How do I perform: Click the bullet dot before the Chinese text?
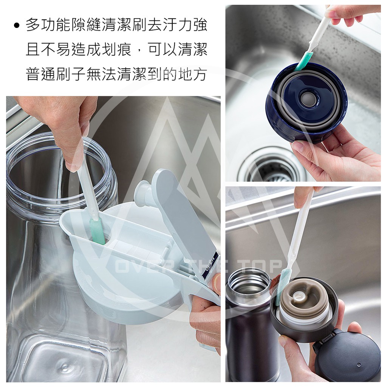click(x=17, y=26)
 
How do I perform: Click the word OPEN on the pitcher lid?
click(x=211, y=263)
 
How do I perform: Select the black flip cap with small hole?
click(x=348, y=355)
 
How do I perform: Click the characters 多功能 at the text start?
click(x=48, y=25)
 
